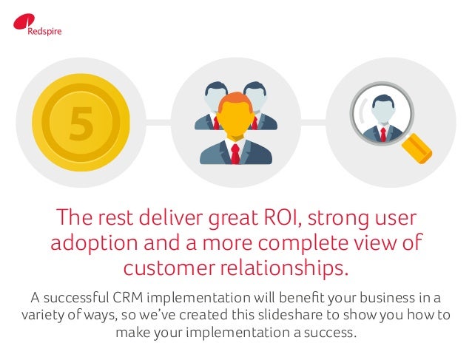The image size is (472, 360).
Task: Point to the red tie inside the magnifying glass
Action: click(382, 133)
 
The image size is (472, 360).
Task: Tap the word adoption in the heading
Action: click(87, 244)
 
